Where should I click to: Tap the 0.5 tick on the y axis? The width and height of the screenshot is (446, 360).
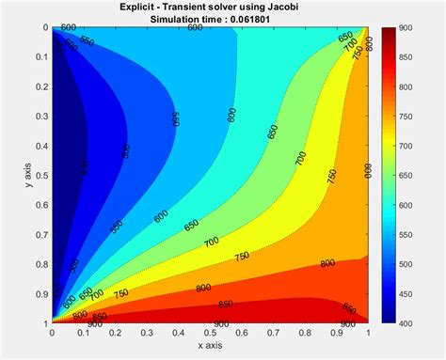40,175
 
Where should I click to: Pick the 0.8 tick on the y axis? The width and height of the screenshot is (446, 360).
40,264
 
